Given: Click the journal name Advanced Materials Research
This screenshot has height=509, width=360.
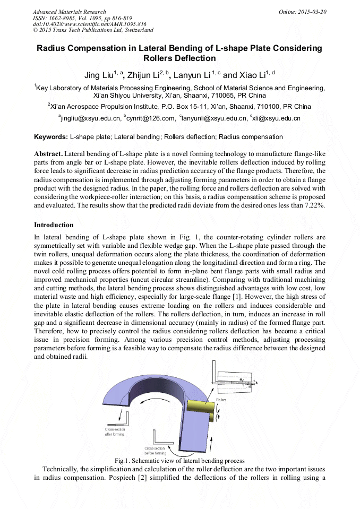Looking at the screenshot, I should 69,12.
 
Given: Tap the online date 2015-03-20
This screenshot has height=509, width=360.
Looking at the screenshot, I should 310,12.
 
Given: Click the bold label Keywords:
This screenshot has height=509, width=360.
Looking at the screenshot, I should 51,137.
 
